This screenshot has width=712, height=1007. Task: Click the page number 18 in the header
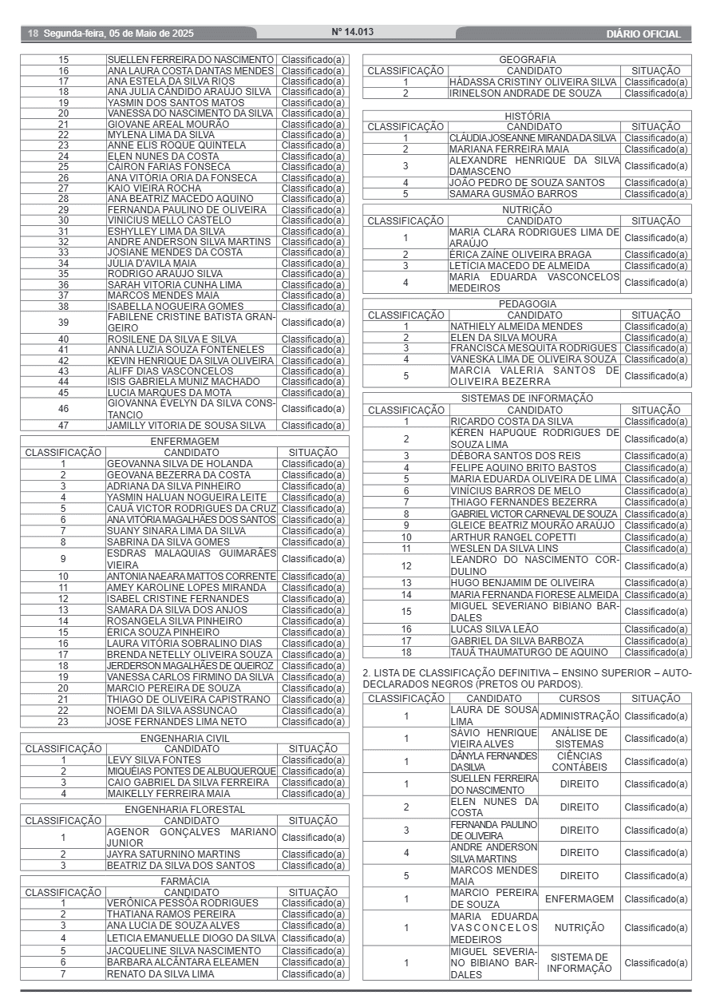pyautogui.click(x=33, y=34)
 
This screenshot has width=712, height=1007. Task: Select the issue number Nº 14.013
pyautogui.click(x=352, y=32)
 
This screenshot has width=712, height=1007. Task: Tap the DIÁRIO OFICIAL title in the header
pyautogui.click(x=643, y=34)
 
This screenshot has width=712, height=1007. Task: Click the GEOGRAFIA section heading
pyautogui.click(x=527, y=60)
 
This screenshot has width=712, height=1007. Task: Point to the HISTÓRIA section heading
pyautogui.click(x=527, y=116)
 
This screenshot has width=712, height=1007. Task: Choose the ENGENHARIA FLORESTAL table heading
pyautogui.click(x=184, y=810)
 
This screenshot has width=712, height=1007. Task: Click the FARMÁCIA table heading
pyautogui.click(x=184, y=881)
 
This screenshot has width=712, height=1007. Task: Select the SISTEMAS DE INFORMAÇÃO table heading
pyautogui.click(x=527, y=398)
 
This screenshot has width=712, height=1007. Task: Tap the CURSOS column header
pyautogui.click(x=579, y=699)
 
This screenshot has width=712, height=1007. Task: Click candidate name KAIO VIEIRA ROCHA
pyautogui.click(x=154, y=188)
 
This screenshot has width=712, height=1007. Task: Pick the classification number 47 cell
pyautogui.click(x=64, y=426)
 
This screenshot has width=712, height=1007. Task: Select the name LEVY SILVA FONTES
pyautogui.click(x=154, y=760)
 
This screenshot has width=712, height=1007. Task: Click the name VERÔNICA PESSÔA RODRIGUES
pyautogui.click(x=183, y=903)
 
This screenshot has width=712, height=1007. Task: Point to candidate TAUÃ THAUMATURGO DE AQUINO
pyautogui.click(x=528, y=652)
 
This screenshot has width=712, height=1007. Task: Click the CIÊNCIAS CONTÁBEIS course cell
pyautogui.click(x=579, y=761)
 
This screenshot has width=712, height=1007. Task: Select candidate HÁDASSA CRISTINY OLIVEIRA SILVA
pyautogui.click(x=533, y=82)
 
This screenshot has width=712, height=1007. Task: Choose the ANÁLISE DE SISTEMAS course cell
pyautogui.click(x=579, y=739)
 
